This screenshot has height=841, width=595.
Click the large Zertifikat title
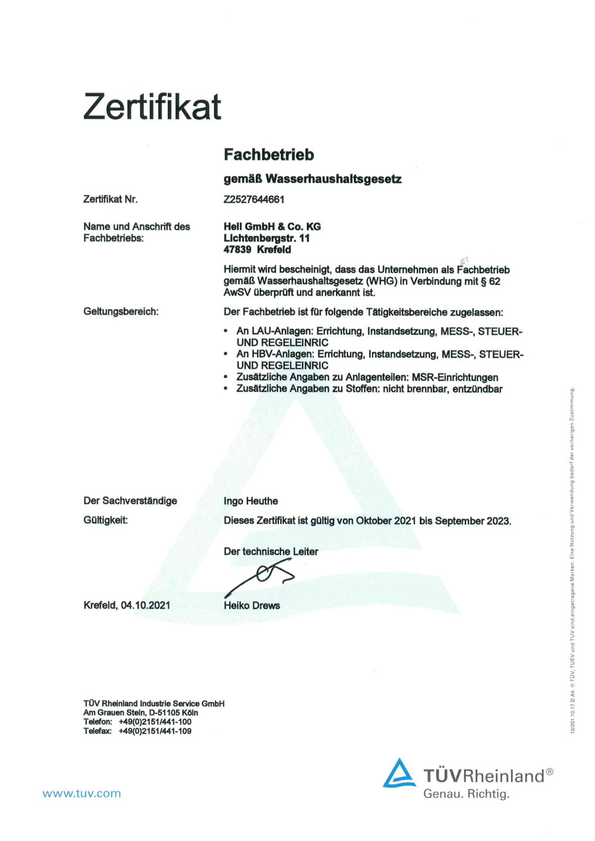pos(152,107)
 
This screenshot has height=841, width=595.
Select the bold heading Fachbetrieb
pos(268,155)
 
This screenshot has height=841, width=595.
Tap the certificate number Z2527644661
pos(254,199)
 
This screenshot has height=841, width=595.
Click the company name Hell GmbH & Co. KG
pos(272,227)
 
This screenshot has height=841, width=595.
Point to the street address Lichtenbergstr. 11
pos(267,238)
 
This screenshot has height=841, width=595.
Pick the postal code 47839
pos(237,250)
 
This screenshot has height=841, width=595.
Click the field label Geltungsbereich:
pos(121,312)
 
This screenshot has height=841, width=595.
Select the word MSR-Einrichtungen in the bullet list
pos(455,377)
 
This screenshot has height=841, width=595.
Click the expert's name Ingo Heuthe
pos(250,501)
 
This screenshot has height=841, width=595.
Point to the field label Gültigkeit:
pos(105,520)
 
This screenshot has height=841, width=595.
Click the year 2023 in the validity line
pos(498,521)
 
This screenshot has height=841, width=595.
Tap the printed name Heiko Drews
pos(252,605)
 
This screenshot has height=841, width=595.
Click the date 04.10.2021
pos(146,605)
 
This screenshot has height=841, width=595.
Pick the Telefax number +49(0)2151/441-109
pos(155,731)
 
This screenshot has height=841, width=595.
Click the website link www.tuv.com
pos(82,793)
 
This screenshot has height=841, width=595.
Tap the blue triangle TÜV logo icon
pos(399,773)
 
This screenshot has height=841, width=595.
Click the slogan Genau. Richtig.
pos(466,794)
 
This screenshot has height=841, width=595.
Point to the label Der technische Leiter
pos(271,551)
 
